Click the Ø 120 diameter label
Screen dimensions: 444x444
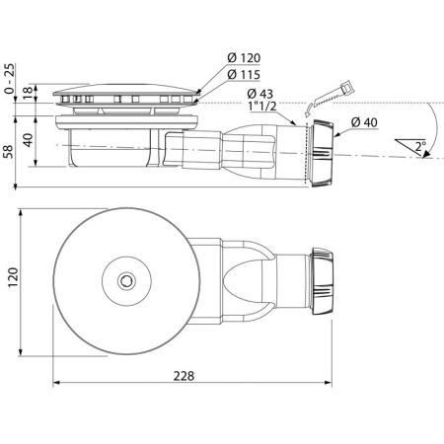tap(244, 58)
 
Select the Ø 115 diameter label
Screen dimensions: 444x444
tap(244, 75)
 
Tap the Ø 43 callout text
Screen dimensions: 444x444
tap(259, 94)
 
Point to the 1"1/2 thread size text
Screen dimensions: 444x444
tap(263, 107)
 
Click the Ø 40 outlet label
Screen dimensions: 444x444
tap(364, 122)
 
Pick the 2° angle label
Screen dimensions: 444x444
tap(420, 146)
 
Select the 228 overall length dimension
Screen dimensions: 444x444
tap(184, 376)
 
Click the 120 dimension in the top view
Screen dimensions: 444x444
tap(13, 277)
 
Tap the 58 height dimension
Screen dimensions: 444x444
tap(9, 152)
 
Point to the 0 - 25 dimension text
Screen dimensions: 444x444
tap(10, 78)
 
